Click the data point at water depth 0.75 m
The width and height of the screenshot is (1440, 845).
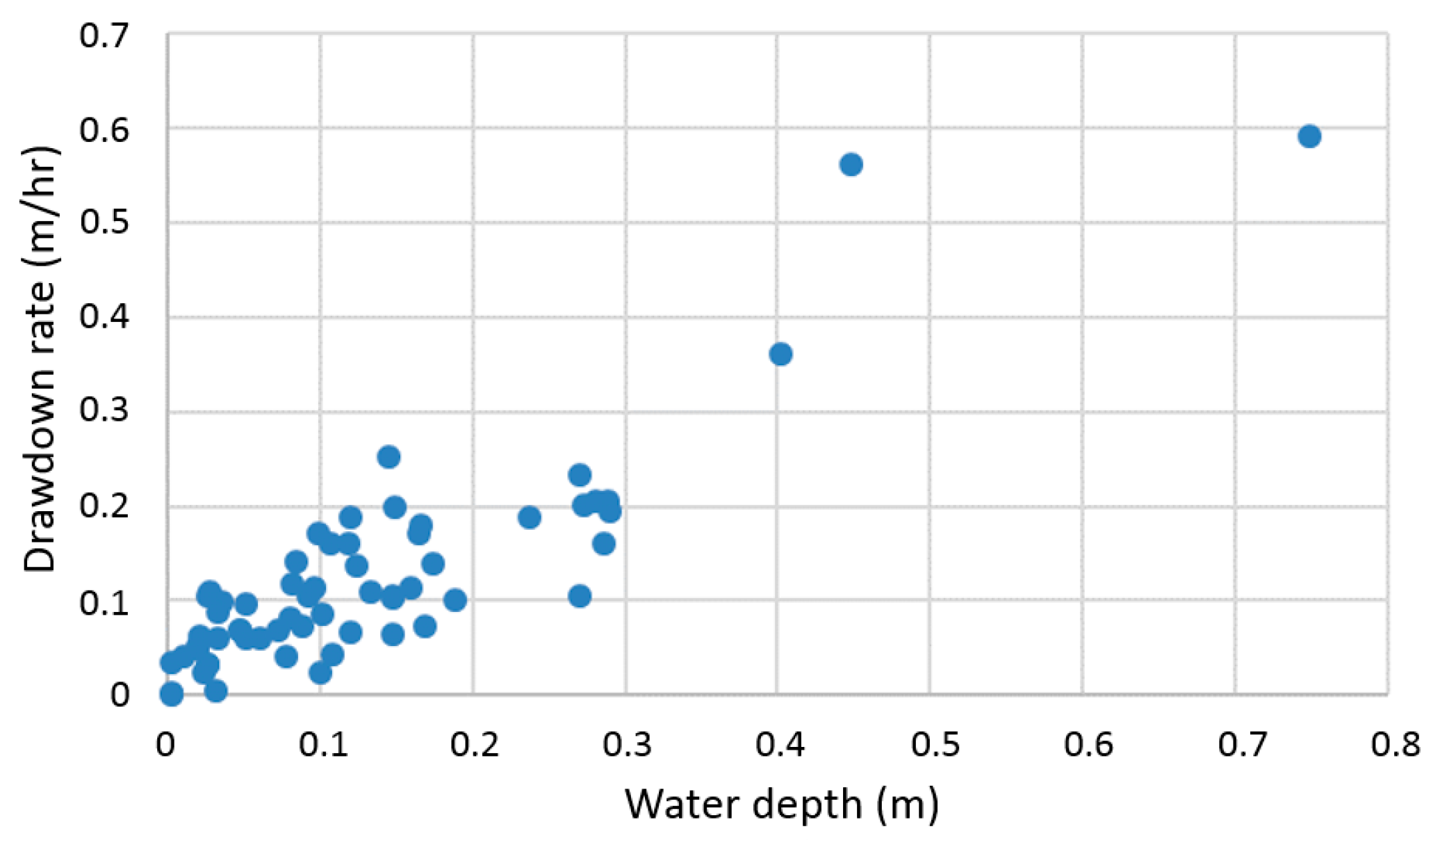1309,136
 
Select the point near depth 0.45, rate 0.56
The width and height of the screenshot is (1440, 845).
851,165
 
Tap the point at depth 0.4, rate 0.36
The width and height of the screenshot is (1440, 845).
780,354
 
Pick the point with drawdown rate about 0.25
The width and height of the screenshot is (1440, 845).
388,457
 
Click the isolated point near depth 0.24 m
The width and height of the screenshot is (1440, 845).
529,517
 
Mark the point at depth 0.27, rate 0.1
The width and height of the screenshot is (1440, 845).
580,596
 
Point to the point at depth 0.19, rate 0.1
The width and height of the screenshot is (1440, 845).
455,599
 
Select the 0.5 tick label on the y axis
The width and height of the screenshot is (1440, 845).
104,223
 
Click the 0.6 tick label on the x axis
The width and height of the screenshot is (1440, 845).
1088,745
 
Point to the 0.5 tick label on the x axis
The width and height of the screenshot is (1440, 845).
935,745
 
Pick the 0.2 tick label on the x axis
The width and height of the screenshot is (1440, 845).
474,745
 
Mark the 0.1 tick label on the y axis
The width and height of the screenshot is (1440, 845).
104,602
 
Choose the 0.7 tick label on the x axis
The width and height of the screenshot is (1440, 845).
1242,745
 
